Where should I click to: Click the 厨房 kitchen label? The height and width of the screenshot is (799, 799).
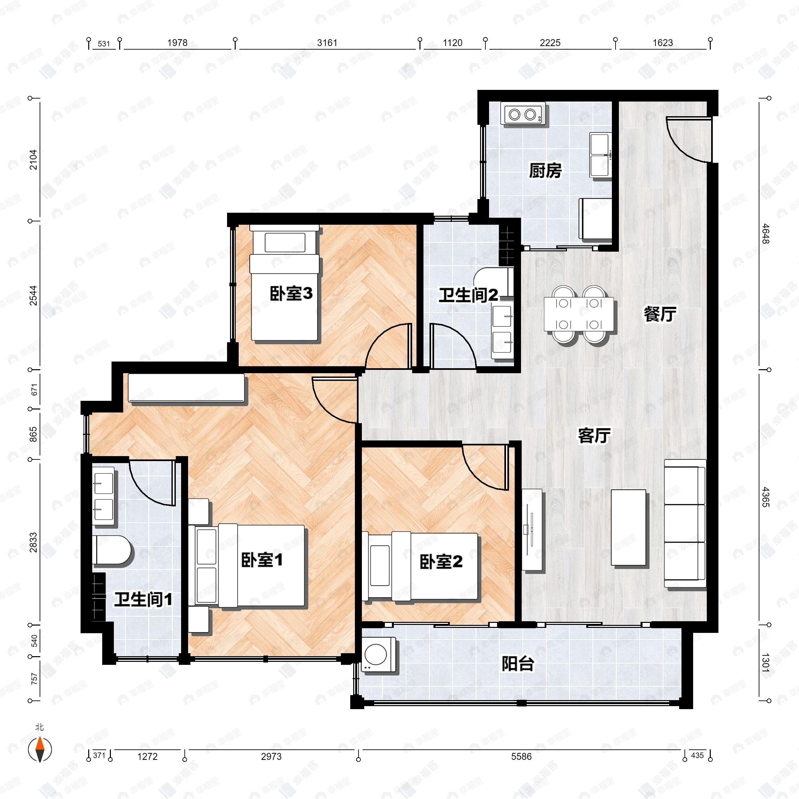545,170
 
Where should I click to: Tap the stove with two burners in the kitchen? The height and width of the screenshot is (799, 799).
523,113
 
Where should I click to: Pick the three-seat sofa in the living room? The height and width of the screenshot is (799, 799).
685,523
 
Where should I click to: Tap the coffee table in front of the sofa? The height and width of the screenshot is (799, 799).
628,527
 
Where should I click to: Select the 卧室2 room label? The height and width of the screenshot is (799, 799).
441,562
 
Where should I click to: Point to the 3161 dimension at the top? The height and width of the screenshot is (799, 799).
327,43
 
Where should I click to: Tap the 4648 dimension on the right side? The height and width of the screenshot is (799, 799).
765,234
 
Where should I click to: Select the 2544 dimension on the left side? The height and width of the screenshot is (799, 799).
34,295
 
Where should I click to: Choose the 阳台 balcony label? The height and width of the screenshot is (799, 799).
518,664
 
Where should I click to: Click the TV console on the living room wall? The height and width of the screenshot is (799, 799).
532,529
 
